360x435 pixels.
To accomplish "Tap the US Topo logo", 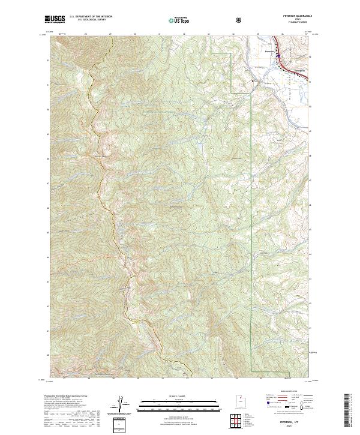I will click(x=178, y=20).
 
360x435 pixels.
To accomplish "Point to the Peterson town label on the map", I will click(x=269, y=51).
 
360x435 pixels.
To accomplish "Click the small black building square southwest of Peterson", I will click(x=253, y=80).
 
